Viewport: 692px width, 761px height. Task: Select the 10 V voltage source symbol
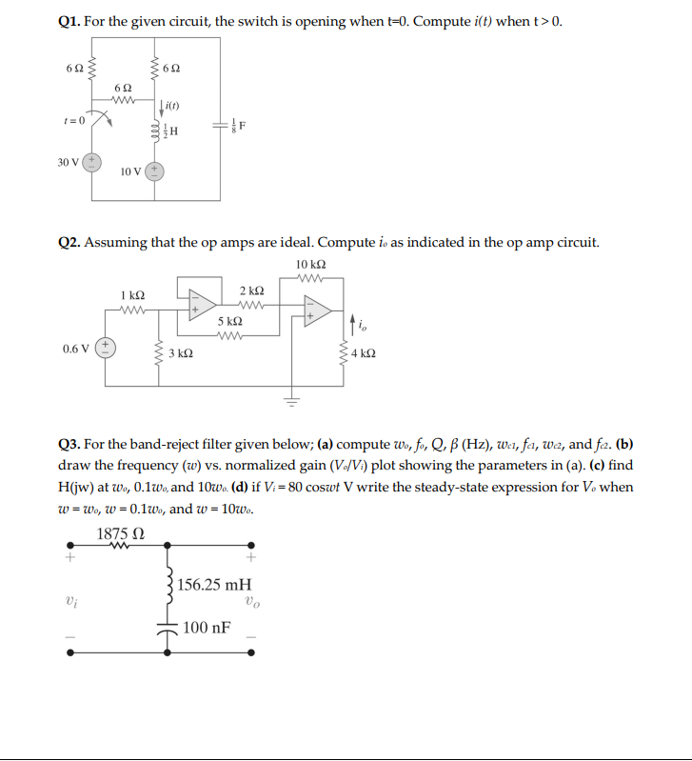[154, 171]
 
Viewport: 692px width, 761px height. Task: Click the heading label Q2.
[70, 242]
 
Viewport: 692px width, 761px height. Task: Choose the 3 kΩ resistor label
[180, 353]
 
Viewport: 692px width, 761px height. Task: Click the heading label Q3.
[70, 444]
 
